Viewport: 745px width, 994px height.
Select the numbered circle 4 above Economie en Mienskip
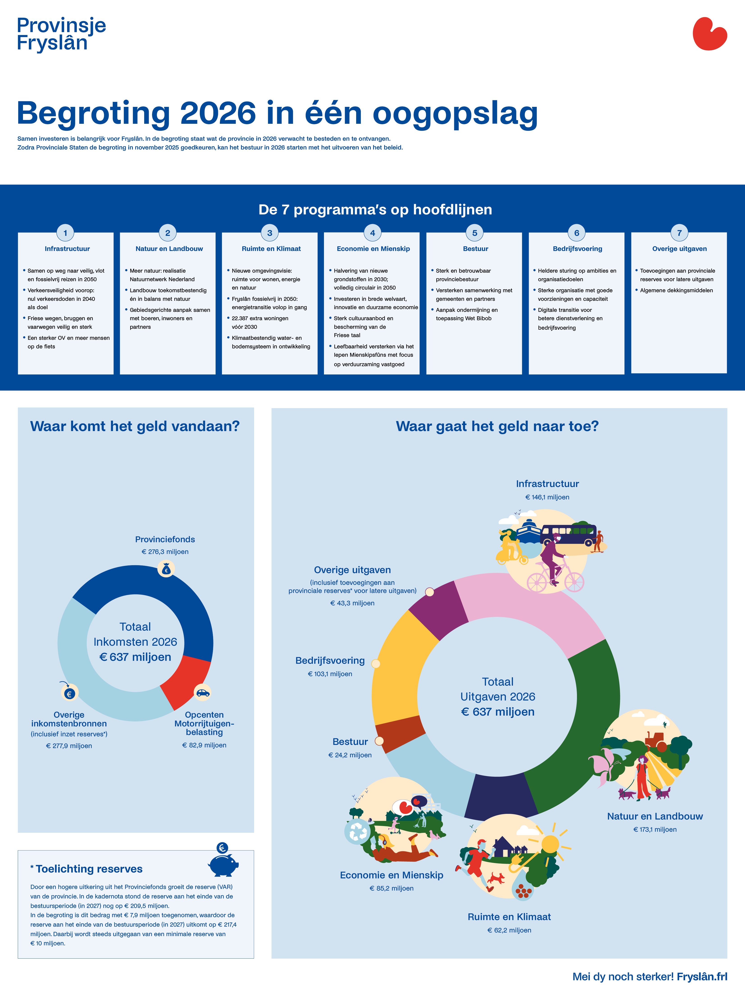pyautogui.click(x=372, y=233)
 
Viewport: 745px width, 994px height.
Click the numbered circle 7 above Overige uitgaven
pyautogui.click(x=679, y=233)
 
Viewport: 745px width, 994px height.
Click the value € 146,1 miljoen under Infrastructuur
pyautogui.click(x=547, y=497)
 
